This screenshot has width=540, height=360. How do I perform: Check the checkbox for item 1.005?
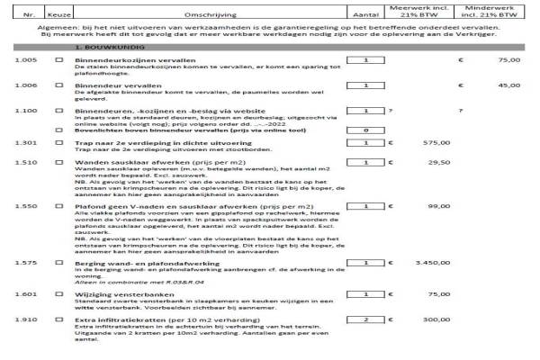coord(59,59)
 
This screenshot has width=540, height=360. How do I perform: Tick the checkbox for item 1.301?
coord(59,142)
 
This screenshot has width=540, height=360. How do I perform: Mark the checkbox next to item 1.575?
coord(59,263)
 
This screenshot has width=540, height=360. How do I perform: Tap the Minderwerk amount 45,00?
coord(509,85)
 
